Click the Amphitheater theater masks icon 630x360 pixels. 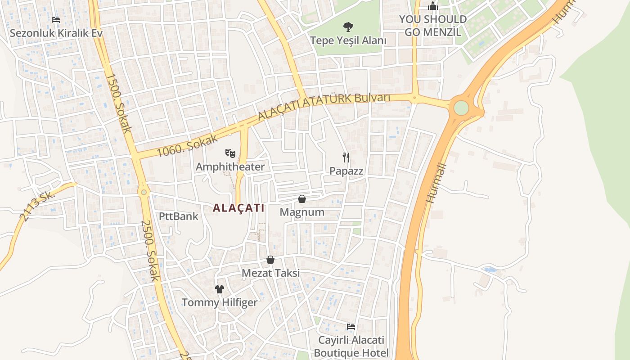pos(231,154)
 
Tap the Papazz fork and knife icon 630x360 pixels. pos(346,157)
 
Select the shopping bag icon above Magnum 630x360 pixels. pos(302,199)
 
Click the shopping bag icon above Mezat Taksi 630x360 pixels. pos(270,260)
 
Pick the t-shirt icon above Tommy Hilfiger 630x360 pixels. pos(220,289)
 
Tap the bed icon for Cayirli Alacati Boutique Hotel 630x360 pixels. pos(351,326)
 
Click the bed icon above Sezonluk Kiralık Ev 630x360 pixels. pos(56,20)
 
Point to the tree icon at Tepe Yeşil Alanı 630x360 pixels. pos(348,27)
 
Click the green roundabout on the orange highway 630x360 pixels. pos(461,108)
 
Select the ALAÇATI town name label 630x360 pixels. pos(238,208)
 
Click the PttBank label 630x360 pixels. pos(179,216)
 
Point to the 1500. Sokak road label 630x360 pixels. pos(119,103)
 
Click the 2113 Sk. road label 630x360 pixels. pos(37,206)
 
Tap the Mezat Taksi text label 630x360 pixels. pos(270,273)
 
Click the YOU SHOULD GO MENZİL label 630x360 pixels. pos(433,26)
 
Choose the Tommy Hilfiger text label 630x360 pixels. pos(220,302)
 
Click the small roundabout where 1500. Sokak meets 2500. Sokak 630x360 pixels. pos(144,193)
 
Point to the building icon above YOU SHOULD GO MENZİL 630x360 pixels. pos(433,6)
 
